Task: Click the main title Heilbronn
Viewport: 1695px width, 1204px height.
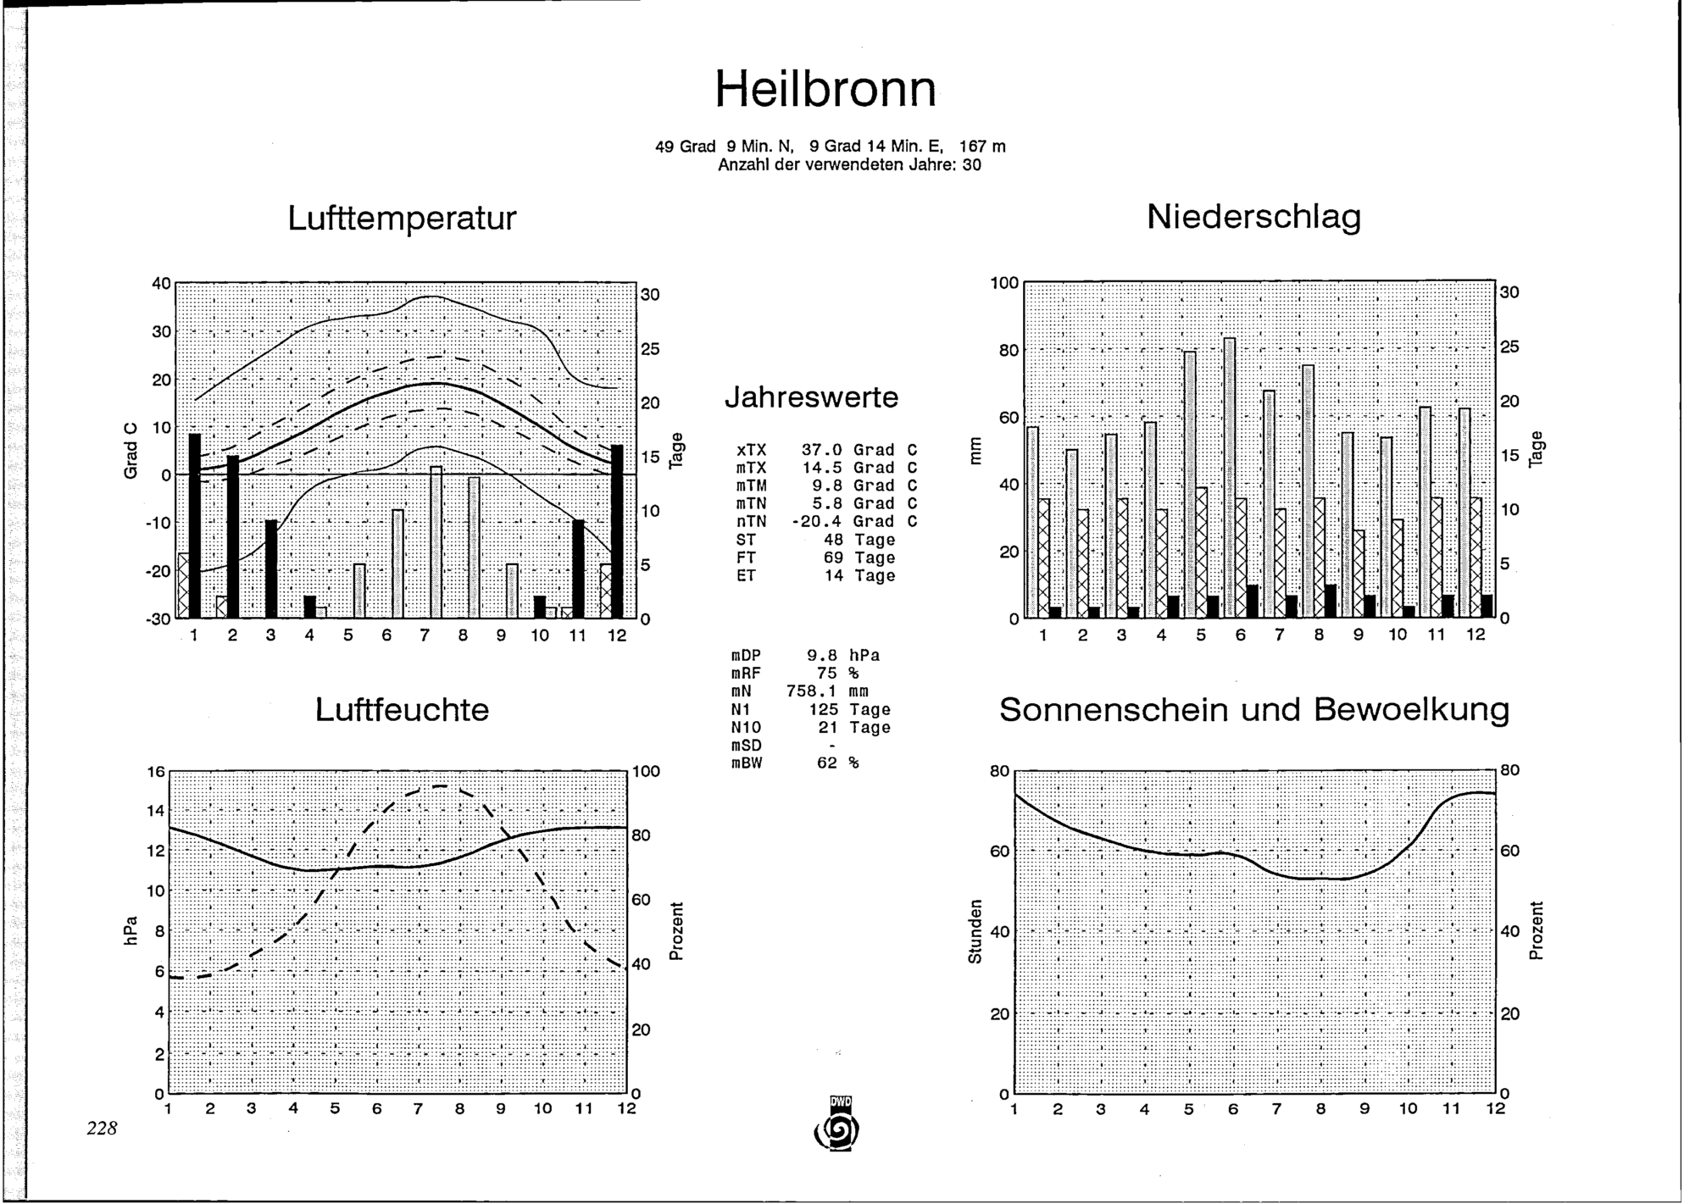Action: click(x=826, y=89)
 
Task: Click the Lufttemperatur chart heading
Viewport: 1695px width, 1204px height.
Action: click(x=402, y=219)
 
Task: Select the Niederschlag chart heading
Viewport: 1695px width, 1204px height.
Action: click(x=1253, y=217)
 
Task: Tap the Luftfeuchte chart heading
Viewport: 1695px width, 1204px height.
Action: click(x=402, y=710)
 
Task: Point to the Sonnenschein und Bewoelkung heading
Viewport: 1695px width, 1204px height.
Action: click(x=1254, y=710)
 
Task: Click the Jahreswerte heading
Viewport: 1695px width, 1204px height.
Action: click(x=811, y=397)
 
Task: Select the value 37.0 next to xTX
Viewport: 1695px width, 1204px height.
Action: click(x=821, y=450)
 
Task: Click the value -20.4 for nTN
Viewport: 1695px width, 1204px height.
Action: click(x=816, y=521)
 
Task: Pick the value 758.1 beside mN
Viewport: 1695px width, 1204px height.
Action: click(x=811, y=691)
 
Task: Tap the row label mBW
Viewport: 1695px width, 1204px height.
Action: click(x=747, y=763)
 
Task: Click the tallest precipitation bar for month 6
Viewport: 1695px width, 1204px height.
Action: click(x=1229, y=478)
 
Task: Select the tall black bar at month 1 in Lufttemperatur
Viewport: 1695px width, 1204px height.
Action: click(x=195, y=525)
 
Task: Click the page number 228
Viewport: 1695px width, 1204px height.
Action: click(x=101, y=1128)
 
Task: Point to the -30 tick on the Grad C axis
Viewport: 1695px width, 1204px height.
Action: click(x=159, y=619)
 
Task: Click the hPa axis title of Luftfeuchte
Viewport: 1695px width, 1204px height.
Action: click(x=130, y=932)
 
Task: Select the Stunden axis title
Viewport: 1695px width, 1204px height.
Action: click(x=975, y=932)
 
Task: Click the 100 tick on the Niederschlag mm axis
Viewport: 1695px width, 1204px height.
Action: click(x=1004, y=282)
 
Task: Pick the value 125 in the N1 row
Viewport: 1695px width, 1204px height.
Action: click(x=823, y=709)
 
